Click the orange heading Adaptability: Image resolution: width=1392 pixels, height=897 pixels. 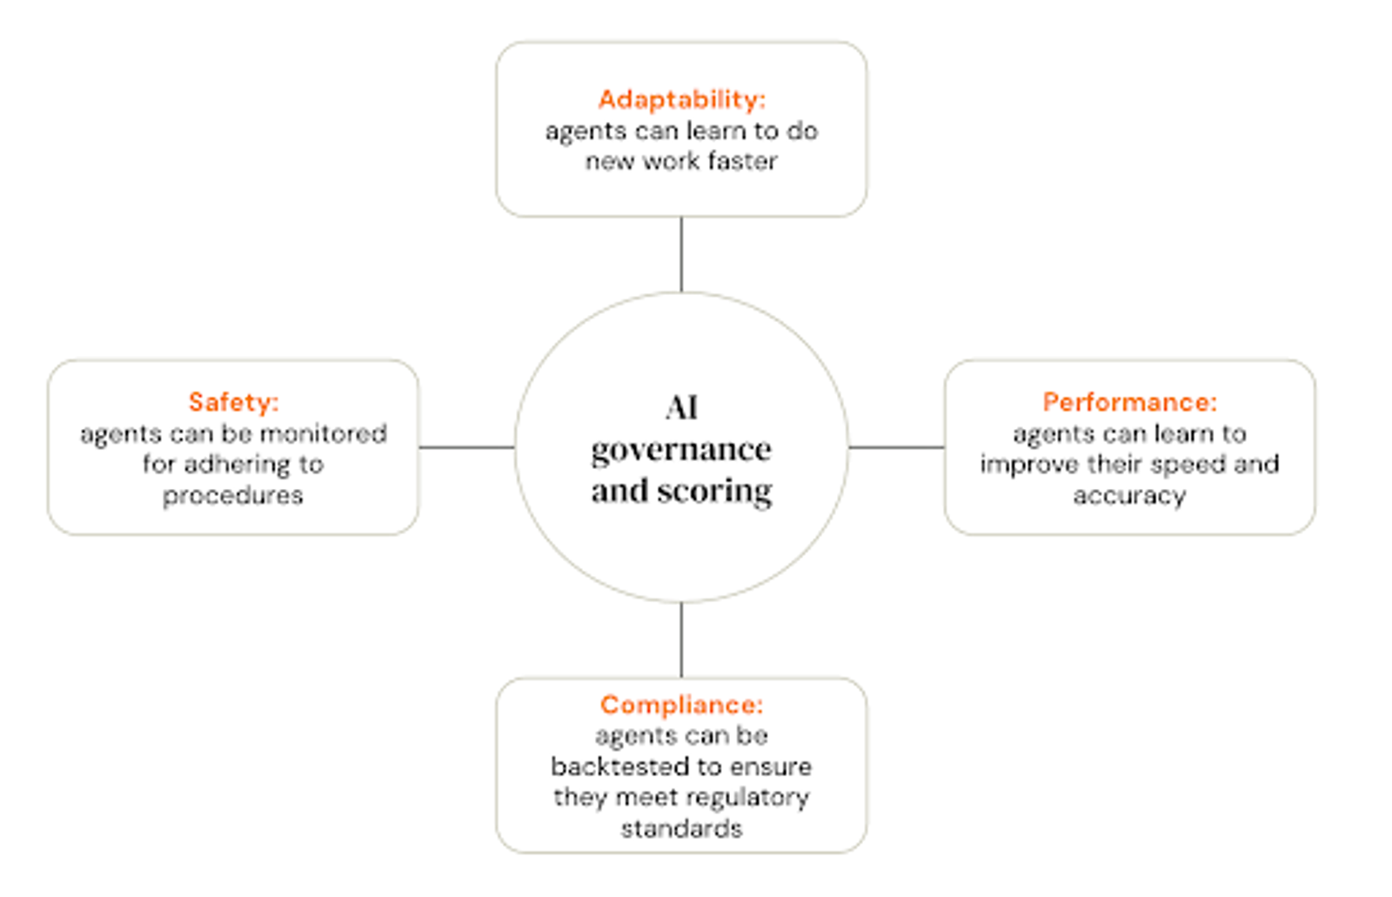[682, 100]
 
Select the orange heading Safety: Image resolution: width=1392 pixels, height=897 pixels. [234, 402]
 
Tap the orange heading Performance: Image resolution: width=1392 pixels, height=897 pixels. [1130, 402]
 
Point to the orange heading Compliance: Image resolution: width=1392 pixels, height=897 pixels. [682, 705]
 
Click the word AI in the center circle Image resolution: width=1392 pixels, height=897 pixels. [682, 408]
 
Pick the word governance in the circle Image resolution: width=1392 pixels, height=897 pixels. [682, 451]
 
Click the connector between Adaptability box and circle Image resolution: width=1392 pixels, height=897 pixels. [682, 254]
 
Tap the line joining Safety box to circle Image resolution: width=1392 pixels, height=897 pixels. [466, 447]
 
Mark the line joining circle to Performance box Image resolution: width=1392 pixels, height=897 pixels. [897, 447]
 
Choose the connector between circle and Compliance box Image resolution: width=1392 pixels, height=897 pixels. [682, 640]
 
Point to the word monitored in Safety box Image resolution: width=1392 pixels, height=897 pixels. [323, 433]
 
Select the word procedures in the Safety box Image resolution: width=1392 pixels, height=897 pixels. [233, 496]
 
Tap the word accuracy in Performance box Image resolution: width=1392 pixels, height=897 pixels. [1130, 496]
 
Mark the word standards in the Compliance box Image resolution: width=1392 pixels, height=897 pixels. [682, 828]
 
